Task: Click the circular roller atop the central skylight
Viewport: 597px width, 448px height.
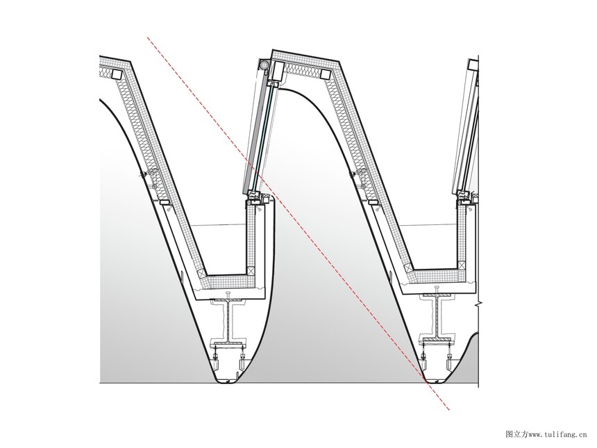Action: coord(263,65)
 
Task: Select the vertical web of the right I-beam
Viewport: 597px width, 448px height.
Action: coord(437,317)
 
